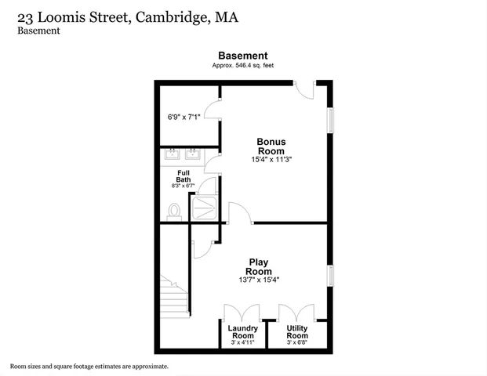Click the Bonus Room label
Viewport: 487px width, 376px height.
coord(271,146)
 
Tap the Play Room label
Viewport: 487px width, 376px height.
coord(259,267)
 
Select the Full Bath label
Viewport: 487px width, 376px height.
coord(184,176)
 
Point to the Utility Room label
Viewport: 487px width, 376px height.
coord(296,331)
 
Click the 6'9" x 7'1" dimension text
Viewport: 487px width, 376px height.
coord(184,117)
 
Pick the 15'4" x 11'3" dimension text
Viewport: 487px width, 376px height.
coord(271,160)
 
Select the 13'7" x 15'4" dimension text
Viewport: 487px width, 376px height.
coord(259,280)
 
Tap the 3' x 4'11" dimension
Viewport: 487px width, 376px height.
coord(242,343)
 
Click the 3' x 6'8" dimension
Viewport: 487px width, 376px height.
coord(296,343)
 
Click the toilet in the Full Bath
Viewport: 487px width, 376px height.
coord(174,211)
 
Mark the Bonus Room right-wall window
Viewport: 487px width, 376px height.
coord(330,118)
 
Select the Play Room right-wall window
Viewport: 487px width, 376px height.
coord(330,276)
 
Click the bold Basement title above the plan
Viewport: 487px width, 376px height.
coord(242,56)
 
